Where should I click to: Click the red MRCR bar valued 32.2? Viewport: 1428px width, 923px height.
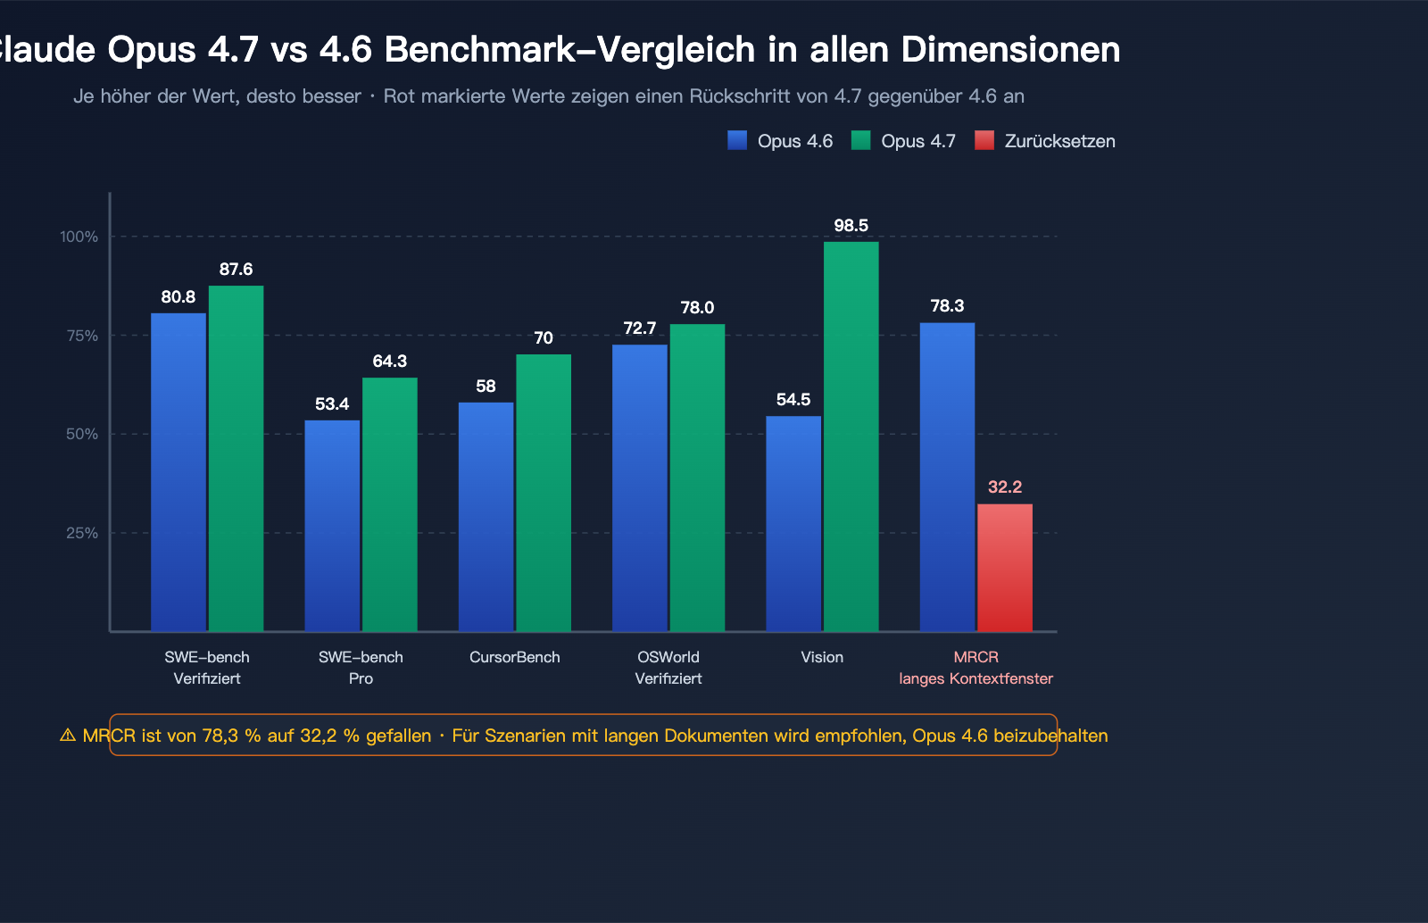tap(1005, 568)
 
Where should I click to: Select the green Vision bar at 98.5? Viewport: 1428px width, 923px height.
tap(851, 437)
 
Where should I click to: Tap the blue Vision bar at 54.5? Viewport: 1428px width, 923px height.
tap(793, 524)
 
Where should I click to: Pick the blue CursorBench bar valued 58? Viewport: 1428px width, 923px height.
tap(486, 517)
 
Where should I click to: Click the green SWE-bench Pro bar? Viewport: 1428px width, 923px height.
tap(389, 504)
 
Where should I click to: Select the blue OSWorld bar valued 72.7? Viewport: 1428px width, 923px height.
tap(640, 488)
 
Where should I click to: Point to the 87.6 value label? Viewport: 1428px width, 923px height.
tap(237, 269)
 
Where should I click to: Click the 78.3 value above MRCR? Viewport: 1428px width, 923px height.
tap(947, 306)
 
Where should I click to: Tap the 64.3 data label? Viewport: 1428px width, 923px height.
tap(389, 361)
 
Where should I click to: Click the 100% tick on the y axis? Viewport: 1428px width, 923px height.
tap(79, 237)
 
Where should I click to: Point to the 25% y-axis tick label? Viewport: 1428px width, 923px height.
tap(81, 533)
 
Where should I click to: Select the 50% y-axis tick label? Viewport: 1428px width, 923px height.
tap(81, 434)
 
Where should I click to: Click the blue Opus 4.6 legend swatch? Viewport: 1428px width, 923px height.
tap(737, 140)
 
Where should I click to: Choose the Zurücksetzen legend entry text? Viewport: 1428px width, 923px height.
tap(1059, 141)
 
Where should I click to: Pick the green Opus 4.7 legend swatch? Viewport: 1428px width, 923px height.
tap(860, 140)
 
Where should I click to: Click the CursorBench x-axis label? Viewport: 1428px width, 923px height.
tap(515, 657)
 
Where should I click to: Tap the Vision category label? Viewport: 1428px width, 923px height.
tap(822, 657)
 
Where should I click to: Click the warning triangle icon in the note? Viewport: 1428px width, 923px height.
tap(68, 736)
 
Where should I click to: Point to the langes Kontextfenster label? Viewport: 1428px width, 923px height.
tap(976, 678)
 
